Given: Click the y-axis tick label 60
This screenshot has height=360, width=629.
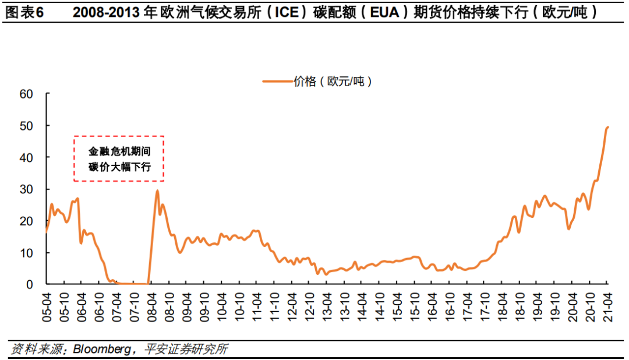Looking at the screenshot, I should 26,94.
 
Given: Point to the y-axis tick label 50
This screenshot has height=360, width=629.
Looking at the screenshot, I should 26,126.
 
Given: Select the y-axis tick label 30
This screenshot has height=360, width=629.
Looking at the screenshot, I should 26,189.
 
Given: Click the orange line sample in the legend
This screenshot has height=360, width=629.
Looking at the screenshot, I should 277,82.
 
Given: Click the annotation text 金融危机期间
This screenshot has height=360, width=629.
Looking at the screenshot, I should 119,151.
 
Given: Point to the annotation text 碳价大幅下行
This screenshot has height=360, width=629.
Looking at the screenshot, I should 119,167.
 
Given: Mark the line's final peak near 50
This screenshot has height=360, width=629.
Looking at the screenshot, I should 607,127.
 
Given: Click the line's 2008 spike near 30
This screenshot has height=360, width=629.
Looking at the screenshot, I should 157,190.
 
